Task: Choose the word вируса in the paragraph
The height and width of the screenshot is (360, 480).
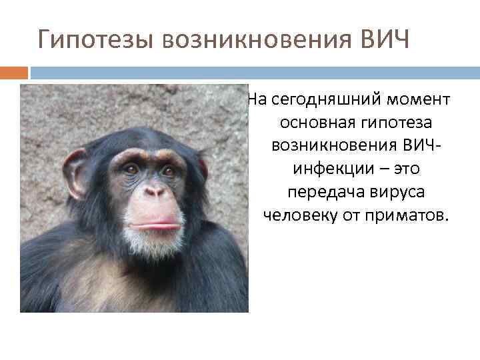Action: point(396,193)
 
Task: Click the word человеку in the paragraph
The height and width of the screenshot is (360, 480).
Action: point(298,216)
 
